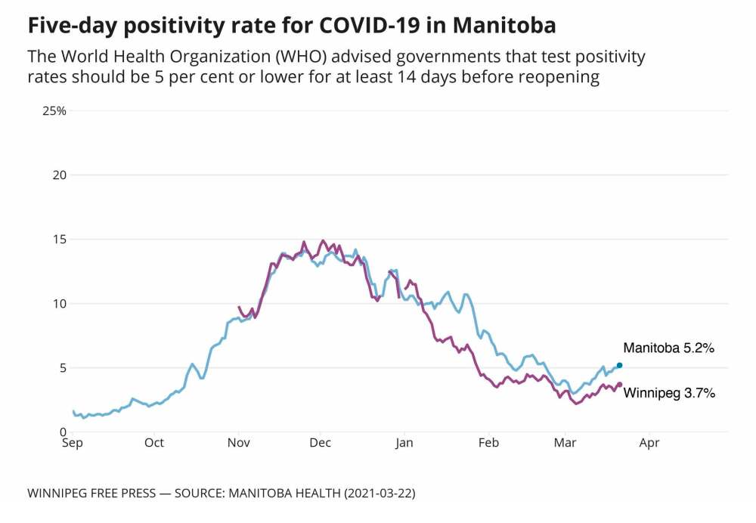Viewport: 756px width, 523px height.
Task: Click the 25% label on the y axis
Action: click(x=55, y=111)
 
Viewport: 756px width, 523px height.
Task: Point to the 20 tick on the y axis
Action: click(x=59, y=175)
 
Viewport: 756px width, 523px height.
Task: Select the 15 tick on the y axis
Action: click(x=60, y=240)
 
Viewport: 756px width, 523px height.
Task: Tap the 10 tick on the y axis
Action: click(x=60, y=304)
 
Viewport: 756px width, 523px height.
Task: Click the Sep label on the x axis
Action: click(x=73, y=442)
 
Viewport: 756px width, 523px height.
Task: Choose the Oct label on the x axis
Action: click(x=154, y=442)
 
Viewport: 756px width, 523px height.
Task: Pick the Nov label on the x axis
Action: click(x=238, y=442)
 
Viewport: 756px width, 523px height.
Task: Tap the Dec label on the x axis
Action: click(x=320, y=442)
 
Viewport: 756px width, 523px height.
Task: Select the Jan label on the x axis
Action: click(x=404, y=442)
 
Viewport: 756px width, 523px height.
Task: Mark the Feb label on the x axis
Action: click(x=488, y=442)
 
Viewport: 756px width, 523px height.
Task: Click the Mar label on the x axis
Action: click(x=564, y=442)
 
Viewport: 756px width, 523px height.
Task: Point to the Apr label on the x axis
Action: click(x=649, y=442)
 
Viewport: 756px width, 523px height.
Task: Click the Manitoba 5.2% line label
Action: click(x=668, y=348)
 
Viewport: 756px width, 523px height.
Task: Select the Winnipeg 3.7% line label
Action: click(x=668, y=393)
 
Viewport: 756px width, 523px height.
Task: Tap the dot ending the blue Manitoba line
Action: click(x=620, y=365)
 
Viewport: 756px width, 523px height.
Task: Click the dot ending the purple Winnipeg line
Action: click(x=620, y=384)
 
